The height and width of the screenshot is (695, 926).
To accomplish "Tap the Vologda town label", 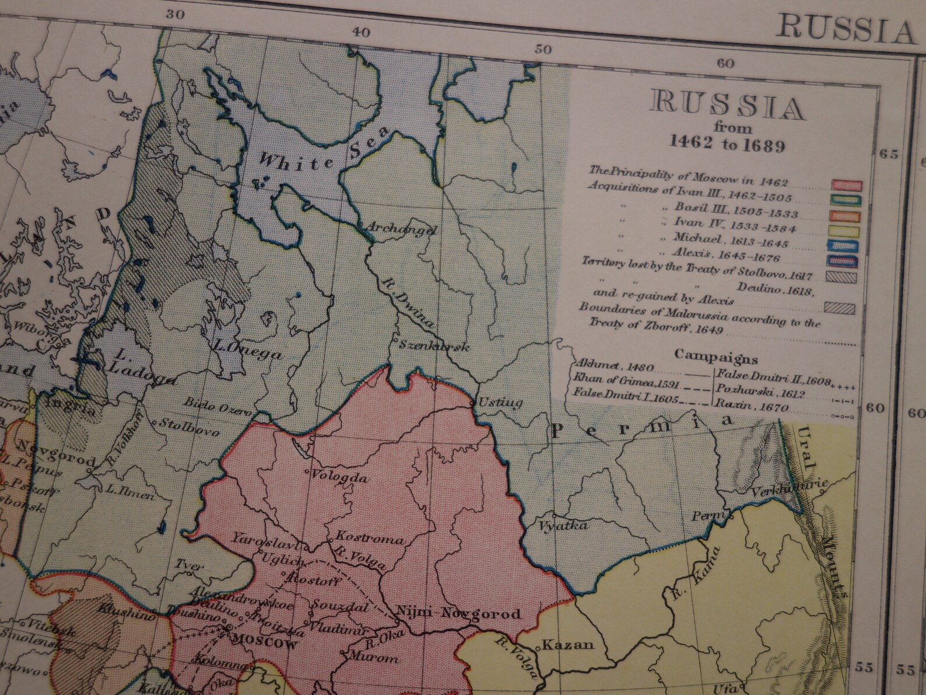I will tap(341, 477).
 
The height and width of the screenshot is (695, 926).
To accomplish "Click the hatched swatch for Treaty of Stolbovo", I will tap(840, 275).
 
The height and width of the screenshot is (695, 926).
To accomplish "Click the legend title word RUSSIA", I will tap(727, 106).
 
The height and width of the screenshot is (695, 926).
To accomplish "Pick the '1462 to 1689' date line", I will tap(727, 144).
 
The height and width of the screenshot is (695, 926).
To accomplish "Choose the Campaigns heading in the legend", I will tap(715, 357).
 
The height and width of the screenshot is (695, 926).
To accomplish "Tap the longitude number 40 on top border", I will tap(361, 33).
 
